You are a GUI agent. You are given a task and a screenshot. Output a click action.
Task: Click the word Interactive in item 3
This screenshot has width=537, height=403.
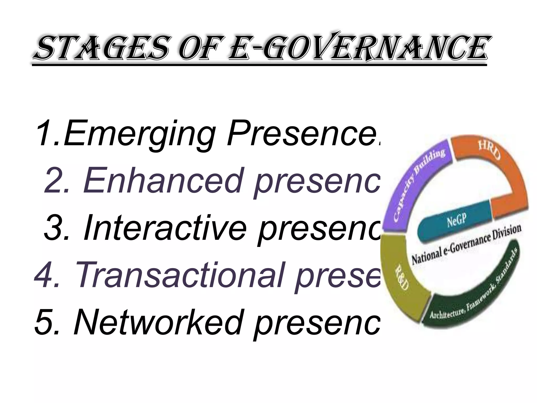tap(165, 227)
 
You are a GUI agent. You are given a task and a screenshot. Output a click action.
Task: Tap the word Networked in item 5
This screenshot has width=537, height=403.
tap(157, 322)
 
